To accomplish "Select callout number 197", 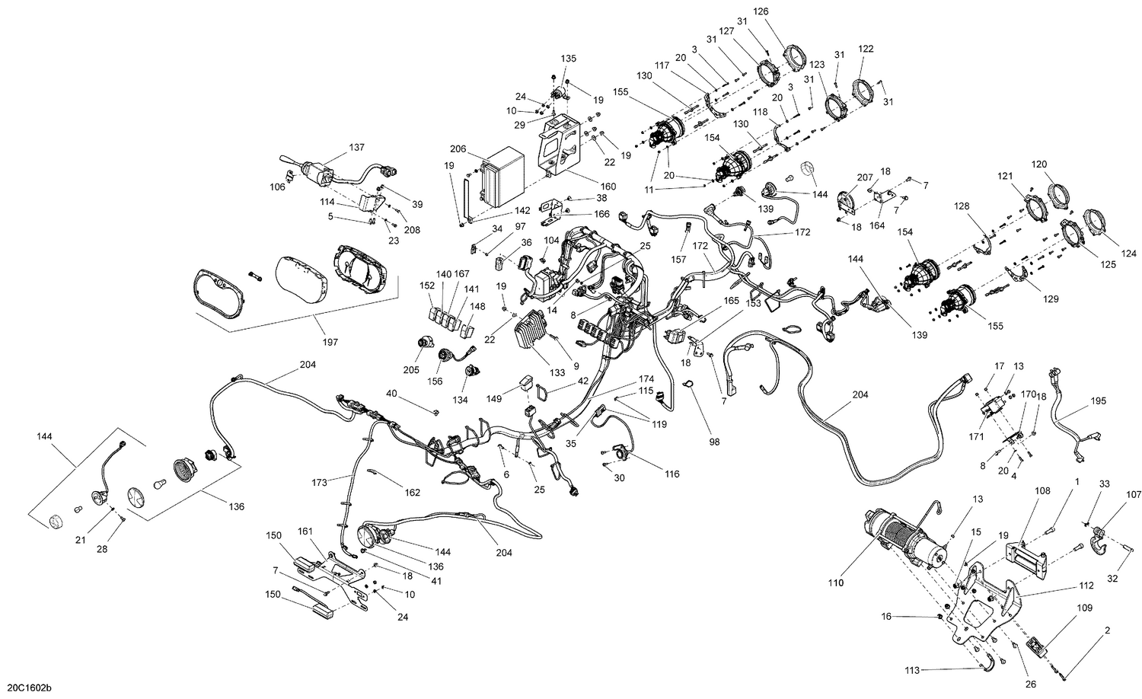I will (330, 342).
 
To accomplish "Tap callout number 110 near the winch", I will (837, 583).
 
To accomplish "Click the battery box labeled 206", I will (502, 177).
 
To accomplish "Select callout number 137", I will (336, 147).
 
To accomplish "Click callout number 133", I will (557, 372).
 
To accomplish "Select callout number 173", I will (320, 482).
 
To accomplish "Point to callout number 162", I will (412, 493).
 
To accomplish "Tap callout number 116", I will (671, 474).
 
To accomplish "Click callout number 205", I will (412, 370).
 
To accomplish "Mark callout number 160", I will (608, 187).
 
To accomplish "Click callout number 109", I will (1084, 608).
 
